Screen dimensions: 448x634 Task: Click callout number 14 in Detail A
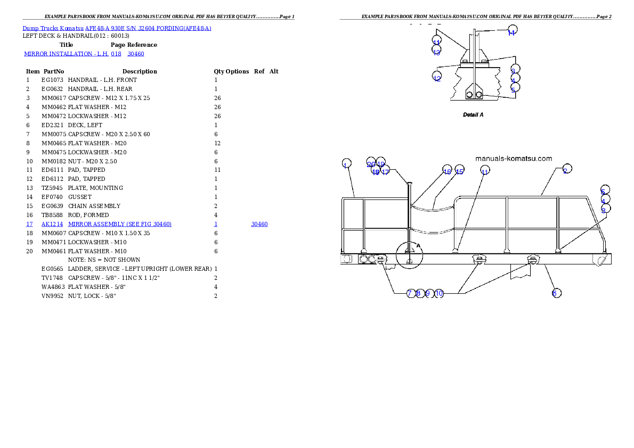point(512,31)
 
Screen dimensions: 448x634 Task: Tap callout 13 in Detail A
point(436,51)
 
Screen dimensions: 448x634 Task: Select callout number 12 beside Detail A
point(437,78)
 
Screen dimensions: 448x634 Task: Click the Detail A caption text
point(473,114)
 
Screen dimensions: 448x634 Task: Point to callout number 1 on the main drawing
point(346,164)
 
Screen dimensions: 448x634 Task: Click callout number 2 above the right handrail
point(567,169)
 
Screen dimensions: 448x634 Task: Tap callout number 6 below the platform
point(556,293)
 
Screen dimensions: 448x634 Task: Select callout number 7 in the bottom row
point(410,293)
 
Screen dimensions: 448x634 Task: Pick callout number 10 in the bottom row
point(439,293)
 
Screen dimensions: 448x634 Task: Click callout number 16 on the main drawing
point(448,171)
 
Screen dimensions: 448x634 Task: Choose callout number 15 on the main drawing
point(459,171)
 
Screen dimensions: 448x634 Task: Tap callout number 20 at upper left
point(371,163)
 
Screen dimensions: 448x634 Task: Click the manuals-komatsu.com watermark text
point(514,159)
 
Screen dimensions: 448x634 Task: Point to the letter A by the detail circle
point(418,246)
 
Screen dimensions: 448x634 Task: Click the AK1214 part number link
point(52,224)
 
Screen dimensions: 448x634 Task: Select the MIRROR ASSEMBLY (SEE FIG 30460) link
point(120,224)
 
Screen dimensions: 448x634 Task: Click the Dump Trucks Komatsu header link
point(117,28)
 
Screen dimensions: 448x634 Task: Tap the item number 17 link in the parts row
point(29,224)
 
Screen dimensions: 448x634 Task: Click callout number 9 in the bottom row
point(427,293)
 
